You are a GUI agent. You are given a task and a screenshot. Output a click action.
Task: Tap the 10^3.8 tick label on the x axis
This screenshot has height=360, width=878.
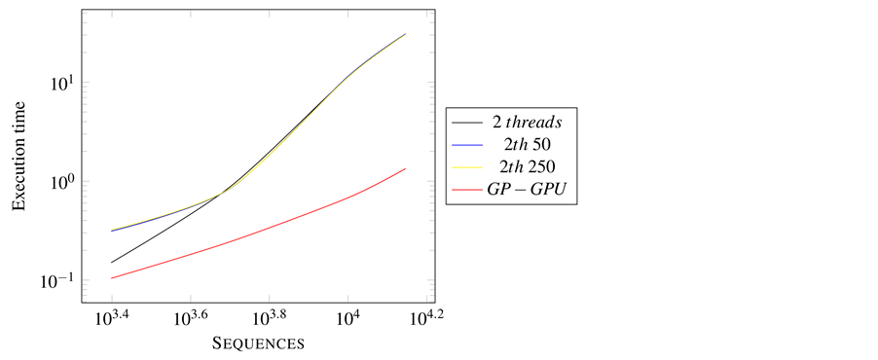269,318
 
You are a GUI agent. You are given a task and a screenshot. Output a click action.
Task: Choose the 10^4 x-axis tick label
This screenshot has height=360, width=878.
348,319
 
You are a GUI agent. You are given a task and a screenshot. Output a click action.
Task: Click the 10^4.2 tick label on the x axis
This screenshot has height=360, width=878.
426,318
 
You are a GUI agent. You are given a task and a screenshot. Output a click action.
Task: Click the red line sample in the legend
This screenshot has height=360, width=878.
466,192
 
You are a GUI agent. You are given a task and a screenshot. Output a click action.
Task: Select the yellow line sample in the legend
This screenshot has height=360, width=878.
466,168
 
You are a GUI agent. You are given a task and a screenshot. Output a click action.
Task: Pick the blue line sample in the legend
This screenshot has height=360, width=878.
466,145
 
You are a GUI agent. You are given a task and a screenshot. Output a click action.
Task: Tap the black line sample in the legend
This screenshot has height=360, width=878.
466,122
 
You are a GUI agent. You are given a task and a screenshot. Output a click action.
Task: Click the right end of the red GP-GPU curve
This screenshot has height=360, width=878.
405,168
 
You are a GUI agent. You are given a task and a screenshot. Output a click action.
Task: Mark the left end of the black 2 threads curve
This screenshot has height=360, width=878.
111,263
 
